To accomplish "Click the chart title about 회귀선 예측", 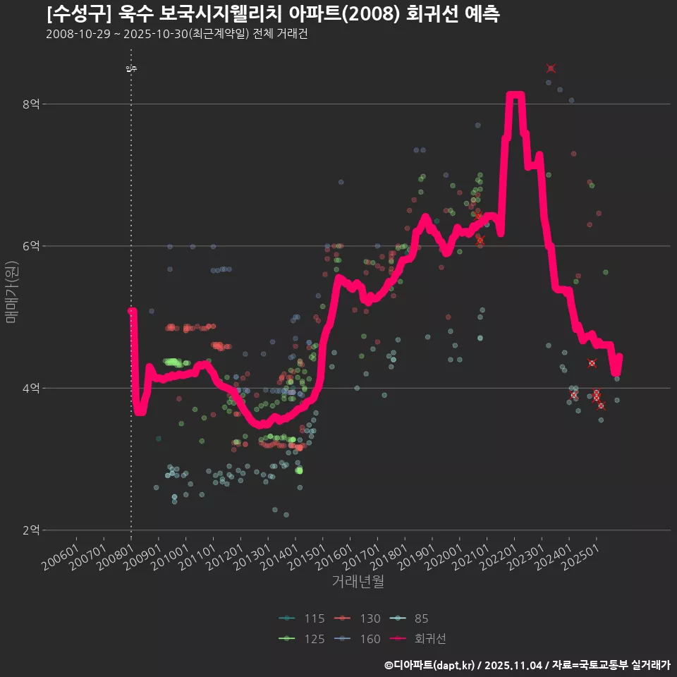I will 274,14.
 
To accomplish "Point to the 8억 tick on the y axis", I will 31,104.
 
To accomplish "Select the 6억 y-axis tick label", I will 31,246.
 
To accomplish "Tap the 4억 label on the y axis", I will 31,388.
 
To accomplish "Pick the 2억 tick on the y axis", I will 31,530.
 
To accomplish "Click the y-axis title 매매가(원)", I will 11,292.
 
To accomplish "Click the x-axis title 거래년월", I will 358,583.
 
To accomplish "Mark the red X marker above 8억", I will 551,68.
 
